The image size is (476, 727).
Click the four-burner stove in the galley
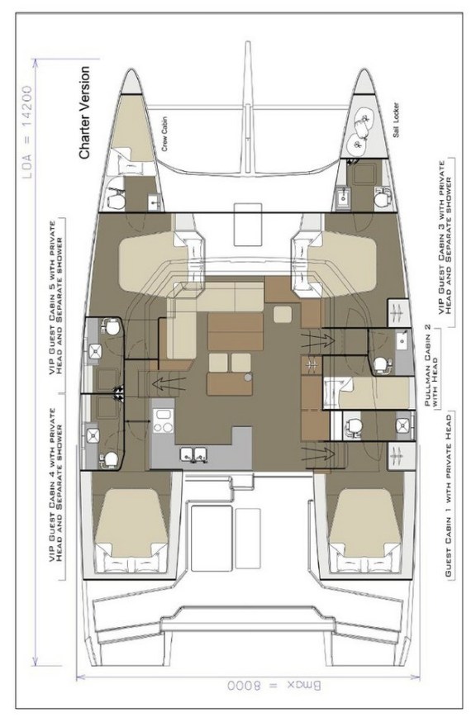coord(163,422)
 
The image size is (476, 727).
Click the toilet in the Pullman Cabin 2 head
coord(381,363)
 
